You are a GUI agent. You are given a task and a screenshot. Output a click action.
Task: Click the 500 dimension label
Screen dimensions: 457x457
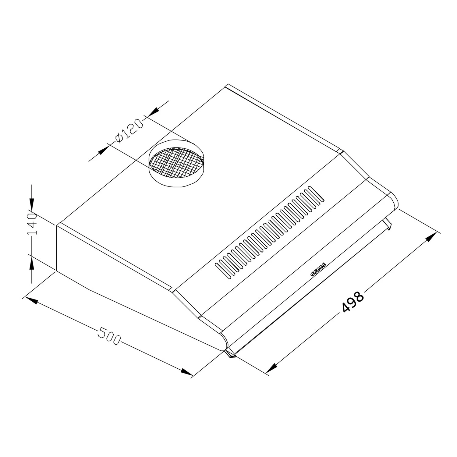point(109,336)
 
